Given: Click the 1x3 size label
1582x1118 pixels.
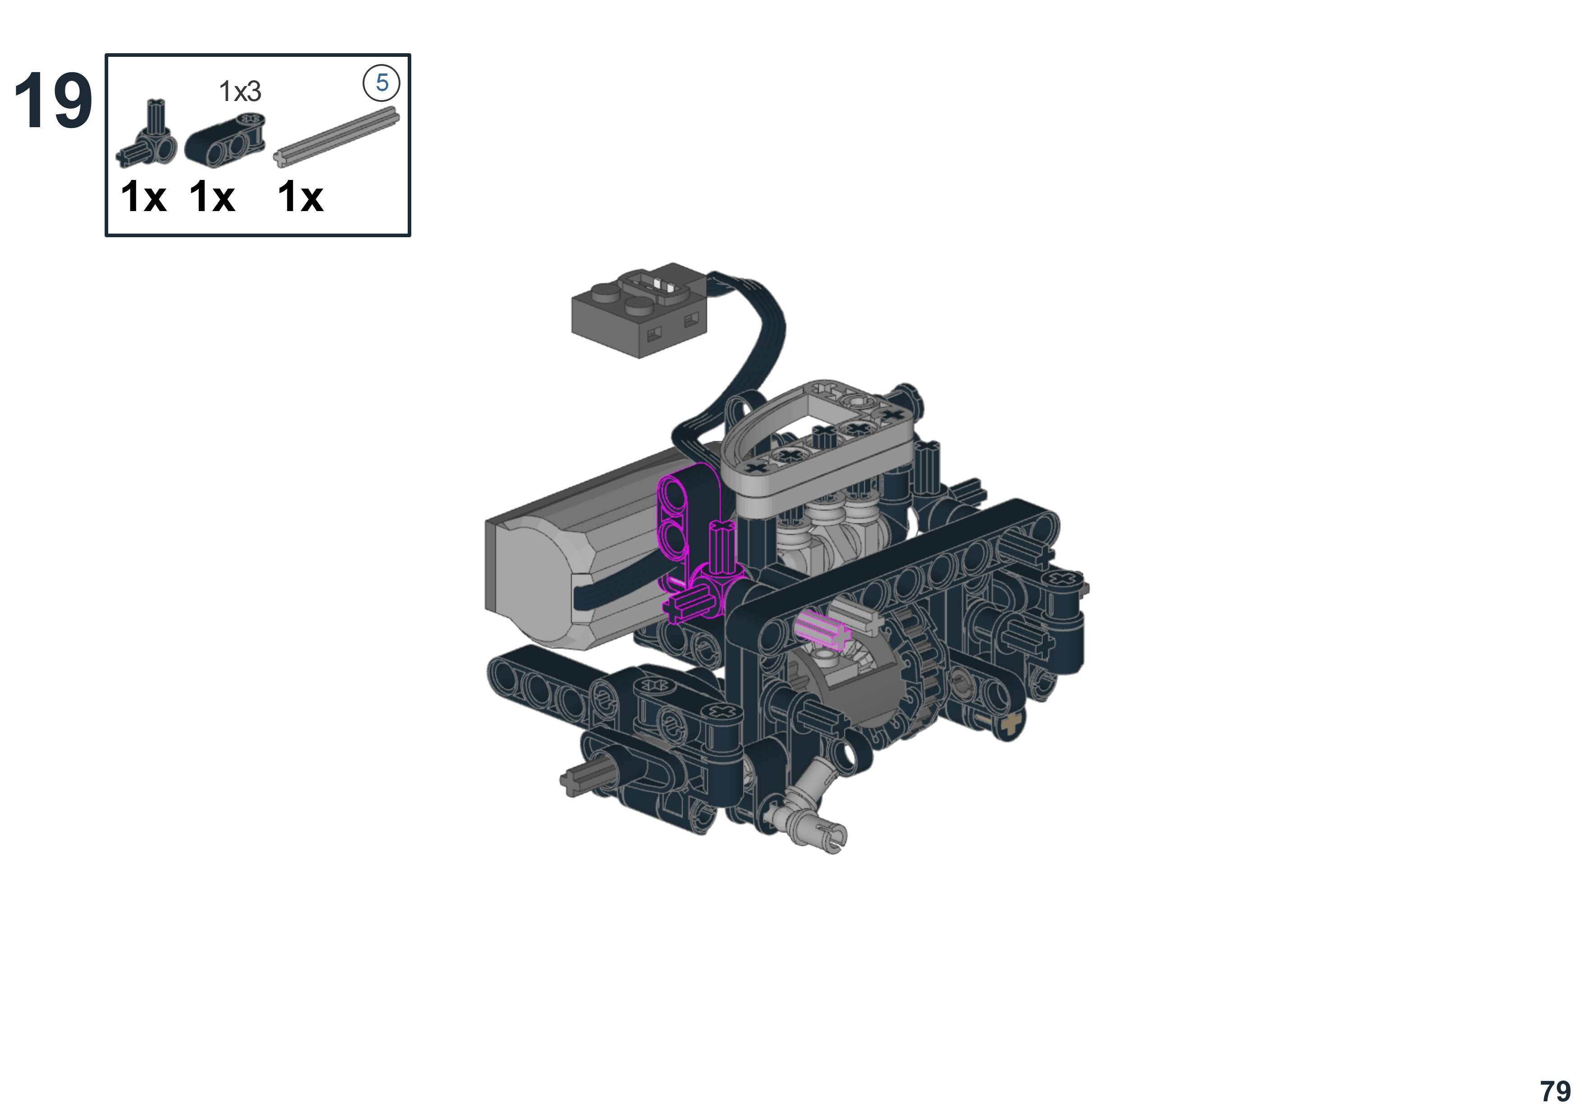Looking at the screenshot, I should (240, 91).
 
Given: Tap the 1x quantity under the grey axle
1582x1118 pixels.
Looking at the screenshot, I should (300, 197).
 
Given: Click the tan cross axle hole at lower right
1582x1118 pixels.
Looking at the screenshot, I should (1010, 724).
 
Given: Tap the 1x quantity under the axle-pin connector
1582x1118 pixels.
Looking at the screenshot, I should (143, 197).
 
